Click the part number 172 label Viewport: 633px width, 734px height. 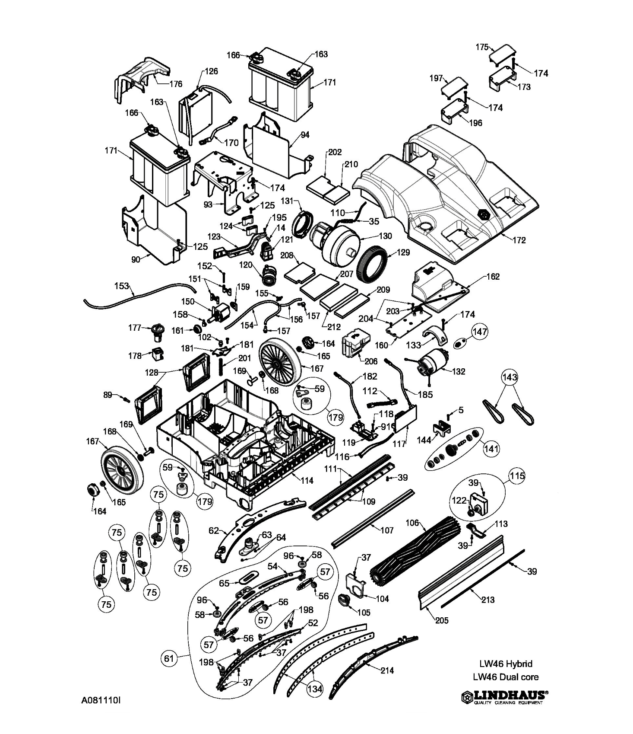coord(519,240)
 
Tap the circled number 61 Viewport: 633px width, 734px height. coord(168,658)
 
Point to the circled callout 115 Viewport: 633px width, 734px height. coord(517,476)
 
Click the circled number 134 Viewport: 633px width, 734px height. coord(314,689)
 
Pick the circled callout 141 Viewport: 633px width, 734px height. coord(491,449)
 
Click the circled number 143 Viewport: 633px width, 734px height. coord(510,377)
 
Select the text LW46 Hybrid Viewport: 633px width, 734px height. coord(506,664)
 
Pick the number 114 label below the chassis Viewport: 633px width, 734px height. coord(307,480)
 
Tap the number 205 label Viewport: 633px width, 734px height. coord(442,620)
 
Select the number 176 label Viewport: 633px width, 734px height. coord(176,84)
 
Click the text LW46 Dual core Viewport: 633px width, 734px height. coord(506,677)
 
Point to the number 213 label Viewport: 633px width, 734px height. coord(488,600)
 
